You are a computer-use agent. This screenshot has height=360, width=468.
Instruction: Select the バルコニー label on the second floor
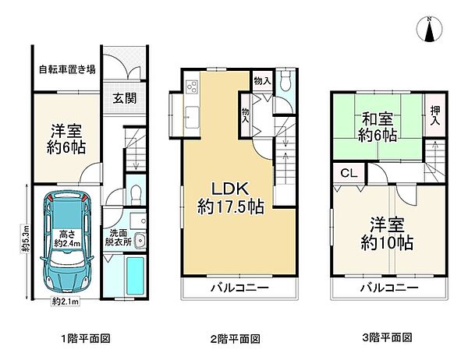(239, 288)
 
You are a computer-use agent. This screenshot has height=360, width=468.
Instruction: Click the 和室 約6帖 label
(378, 126)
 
